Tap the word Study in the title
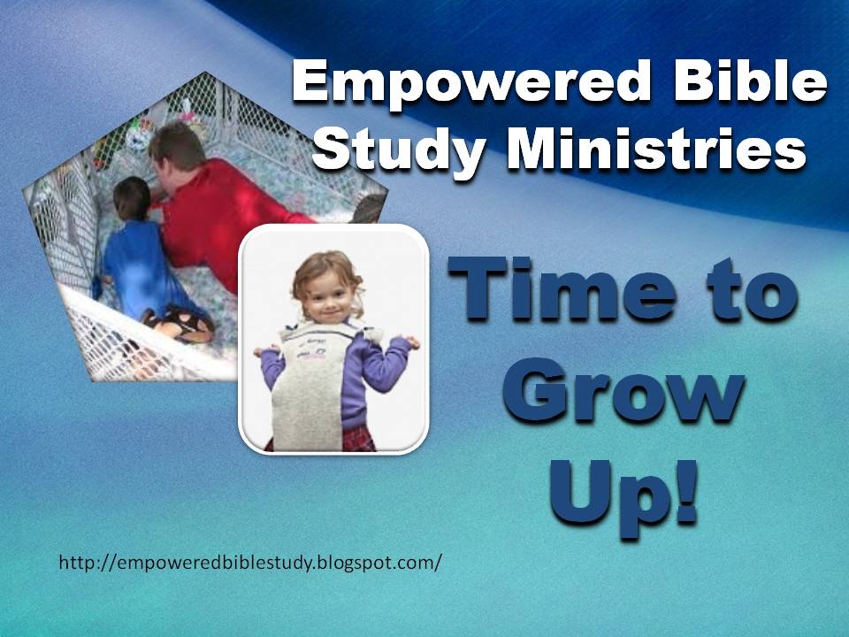tap(399, 150)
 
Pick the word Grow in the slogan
tap(623, 390)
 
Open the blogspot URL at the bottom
tap(250, 563)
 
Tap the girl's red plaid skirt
tap(357, 440)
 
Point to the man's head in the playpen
tap(177, 149)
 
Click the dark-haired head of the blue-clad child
tap(132, 198)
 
